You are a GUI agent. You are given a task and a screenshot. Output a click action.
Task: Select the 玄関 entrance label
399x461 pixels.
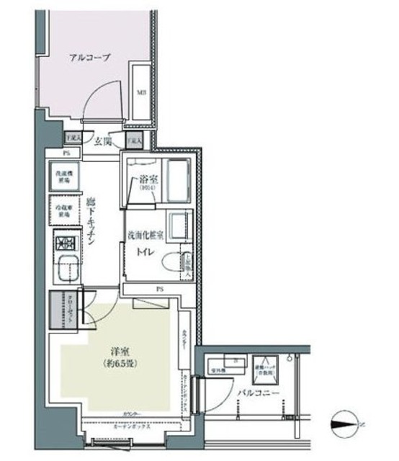click(x=104, y=142)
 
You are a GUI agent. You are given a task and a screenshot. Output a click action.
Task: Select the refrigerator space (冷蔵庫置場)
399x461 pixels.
click(x=63, y=211)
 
